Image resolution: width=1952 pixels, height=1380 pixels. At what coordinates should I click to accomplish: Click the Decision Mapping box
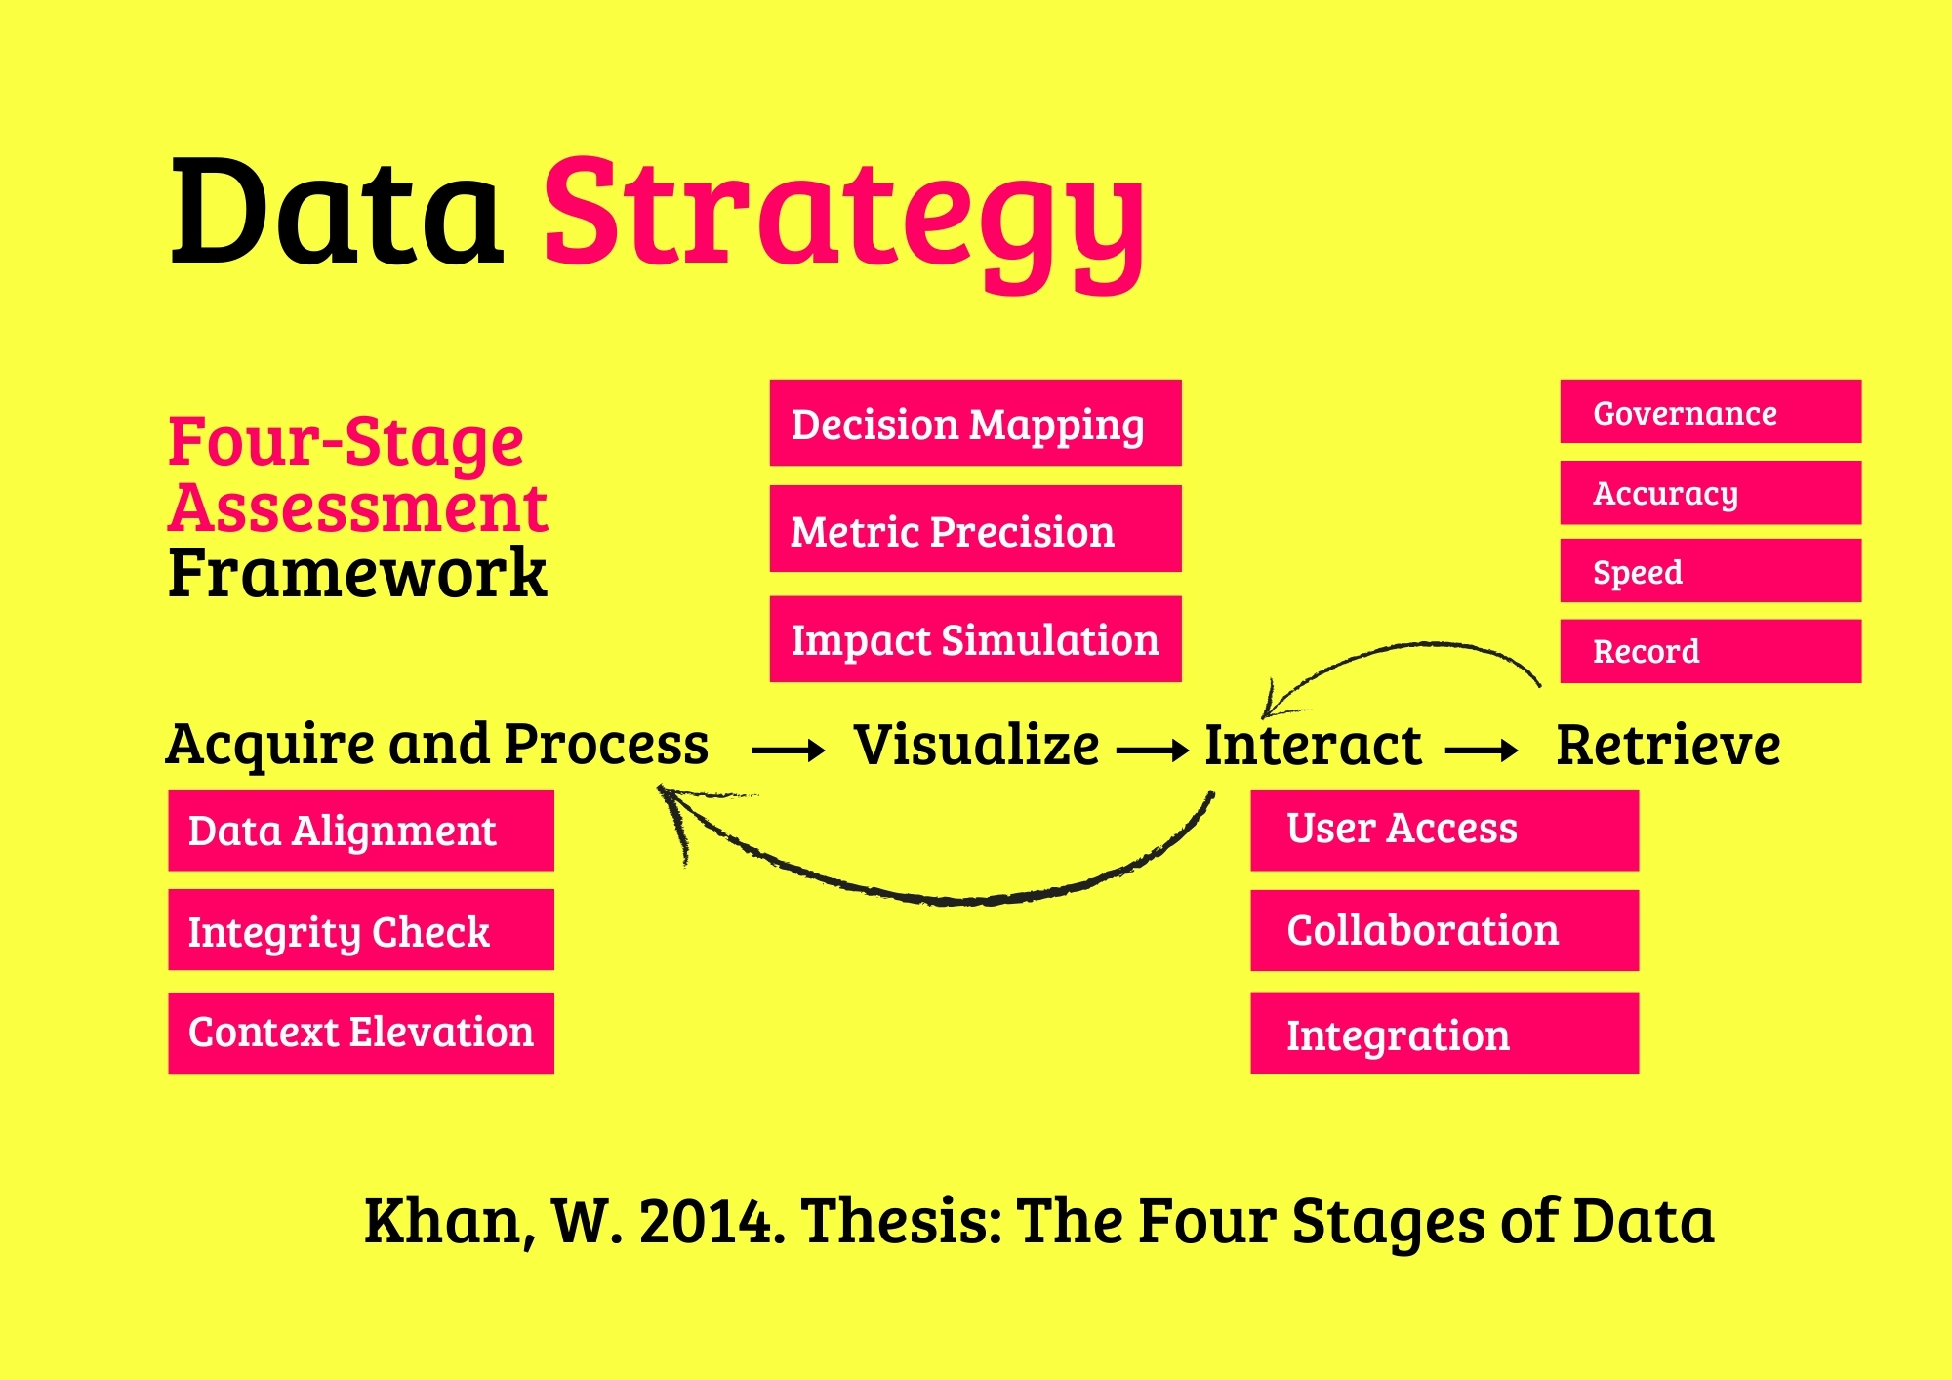pos(975,423)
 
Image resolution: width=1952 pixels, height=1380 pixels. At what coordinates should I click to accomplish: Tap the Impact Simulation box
pos(975,638)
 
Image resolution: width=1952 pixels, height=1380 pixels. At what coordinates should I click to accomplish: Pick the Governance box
pos(1710,411)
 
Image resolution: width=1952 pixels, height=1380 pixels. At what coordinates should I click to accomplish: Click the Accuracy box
pos(1710,492)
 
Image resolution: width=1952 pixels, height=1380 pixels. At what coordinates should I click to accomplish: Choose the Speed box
pos(1710,570)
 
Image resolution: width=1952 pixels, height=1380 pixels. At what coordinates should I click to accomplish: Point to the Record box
pos(1710,650)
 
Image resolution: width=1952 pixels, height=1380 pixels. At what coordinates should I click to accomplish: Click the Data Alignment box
pos(360,830)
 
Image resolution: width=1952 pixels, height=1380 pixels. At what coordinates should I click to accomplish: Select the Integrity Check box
pos(360,929)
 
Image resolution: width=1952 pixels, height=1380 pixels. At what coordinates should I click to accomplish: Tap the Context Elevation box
pos(360,1033)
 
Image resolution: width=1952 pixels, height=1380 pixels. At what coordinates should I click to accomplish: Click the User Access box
pos(1444,830)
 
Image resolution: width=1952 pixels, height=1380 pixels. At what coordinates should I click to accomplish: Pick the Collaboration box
pos(1444,930)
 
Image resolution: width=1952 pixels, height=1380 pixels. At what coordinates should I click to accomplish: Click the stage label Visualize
pos(976,745)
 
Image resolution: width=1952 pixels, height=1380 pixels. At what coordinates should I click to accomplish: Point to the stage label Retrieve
pos(1668,745)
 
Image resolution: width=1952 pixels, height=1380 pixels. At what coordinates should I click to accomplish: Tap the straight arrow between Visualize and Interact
pos(1153,751)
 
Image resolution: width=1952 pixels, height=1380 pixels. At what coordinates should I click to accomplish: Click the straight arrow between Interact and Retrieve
pos(1481,751)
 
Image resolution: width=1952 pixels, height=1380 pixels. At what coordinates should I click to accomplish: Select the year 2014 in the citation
pos(712,1221)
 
